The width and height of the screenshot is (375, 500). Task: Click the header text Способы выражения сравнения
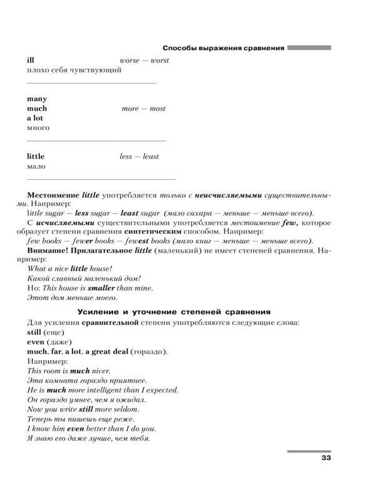pyautogui.click(x=223, y=47)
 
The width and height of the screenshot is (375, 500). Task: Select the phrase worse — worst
pyautogui.click(x=144, y=60)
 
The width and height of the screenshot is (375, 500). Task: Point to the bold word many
pyautogui.click(x=37, y=99)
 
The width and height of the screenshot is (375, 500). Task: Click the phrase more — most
pyautogui.click(x=144, y=108)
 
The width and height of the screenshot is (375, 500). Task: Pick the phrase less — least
pyautogui.click(x=139, y=156)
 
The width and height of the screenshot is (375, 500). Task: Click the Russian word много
pyautogui.click(x=38, y=128)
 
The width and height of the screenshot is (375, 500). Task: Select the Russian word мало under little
pyautogui.click(x=36, y=166)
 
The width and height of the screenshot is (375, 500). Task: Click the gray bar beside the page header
pyautogui.click(x=309, y=47)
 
